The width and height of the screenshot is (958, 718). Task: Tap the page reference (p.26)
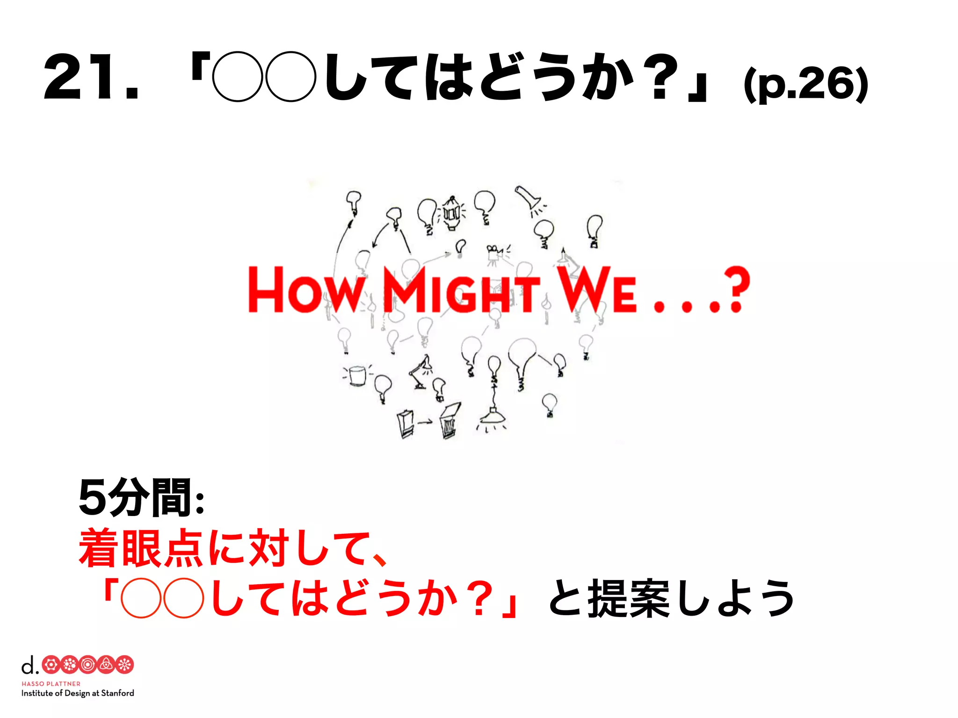(806, 84)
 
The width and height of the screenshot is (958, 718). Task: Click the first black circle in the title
(238, 77)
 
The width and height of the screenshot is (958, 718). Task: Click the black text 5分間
(136, 498)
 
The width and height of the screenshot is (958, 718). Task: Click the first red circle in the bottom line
(141, 598)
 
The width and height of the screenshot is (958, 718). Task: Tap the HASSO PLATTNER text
(51, 683)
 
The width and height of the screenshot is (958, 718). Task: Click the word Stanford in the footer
(117, 693)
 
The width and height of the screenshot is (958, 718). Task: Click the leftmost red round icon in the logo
(51, 665)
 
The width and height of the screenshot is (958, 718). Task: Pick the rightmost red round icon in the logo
(124, 665)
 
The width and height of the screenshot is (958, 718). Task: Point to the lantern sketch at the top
(451, 213)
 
